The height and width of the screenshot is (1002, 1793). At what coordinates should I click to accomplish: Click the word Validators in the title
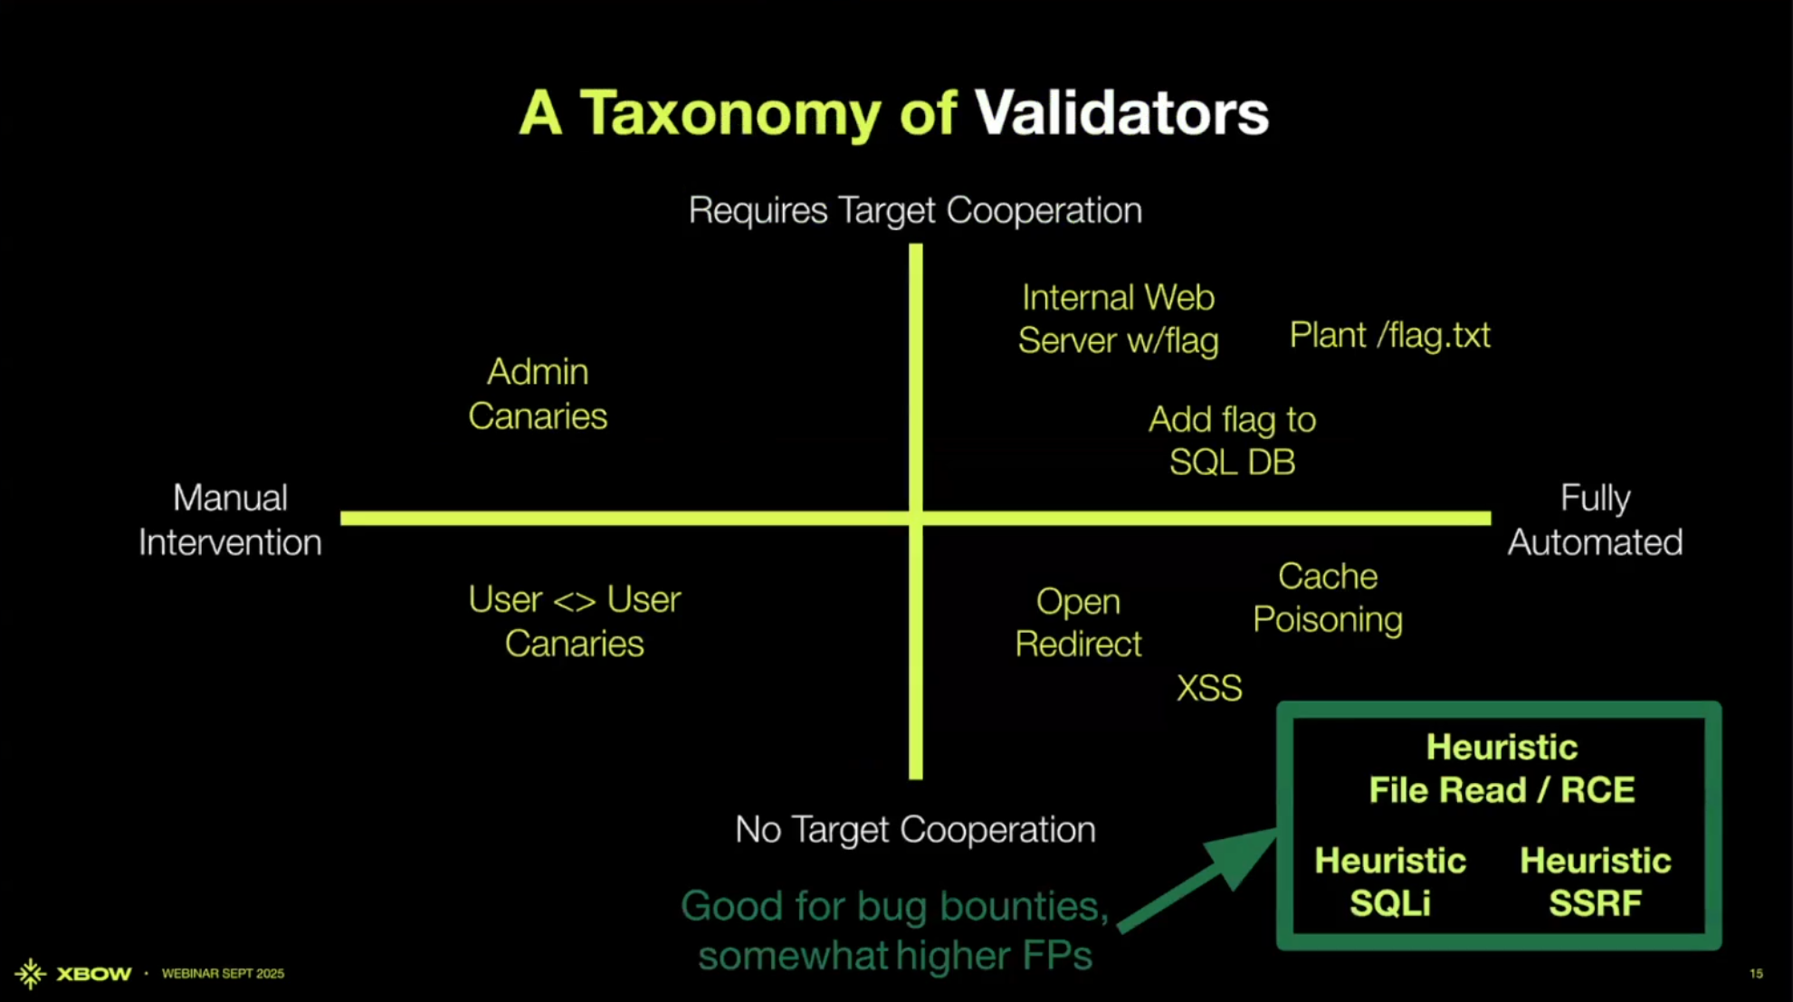(1121, 113)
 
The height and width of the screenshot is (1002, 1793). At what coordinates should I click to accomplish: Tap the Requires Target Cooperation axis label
(915, 211)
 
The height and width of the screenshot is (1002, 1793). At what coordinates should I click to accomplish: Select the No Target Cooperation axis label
(915, 829)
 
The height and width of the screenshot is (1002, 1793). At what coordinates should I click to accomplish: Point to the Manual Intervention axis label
(230, 520)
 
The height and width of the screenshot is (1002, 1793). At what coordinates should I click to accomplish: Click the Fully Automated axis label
(1595, 520)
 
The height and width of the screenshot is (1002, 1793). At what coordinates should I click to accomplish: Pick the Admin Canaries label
(538, 394)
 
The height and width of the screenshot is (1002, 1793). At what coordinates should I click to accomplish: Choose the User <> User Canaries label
(575, 621)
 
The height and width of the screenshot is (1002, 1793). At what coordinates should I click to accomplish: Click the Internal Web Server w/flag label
(1118, 319)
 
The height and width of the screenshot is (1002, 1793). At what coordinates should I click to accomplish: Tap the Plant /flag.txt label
(1389, 336)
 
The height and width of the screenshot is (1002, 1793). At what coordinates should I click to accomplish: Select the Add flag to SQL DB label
(1232, 441)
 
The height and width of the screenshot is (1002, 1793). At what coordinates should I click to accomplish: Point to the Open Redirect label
(1078, 623)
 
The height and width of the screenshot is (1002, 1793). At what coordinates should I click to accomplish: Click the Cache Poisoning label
(1328, 597)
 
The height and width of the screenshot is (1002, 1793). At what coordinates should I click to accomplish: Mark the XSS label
(1209, 688)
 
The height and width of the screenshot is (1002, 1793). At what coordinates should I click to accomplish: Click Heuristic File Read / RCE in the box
(1502, 768)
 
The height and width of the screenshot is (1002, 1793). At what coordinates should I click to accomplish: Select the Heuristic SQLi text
(1390, 882)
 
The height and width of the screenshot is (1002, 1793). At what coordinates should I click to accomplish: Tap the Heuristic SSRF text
(1596, 882)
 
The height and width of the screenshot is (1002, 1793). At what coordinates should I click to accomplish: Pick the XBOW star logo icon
(30, 974)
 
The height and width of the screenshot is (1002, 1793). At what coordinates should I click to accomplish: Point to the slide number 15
(1756, 974)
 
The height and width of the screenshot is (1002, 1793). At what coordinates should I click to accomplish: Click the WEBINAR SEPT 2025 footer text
(223, 974)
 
